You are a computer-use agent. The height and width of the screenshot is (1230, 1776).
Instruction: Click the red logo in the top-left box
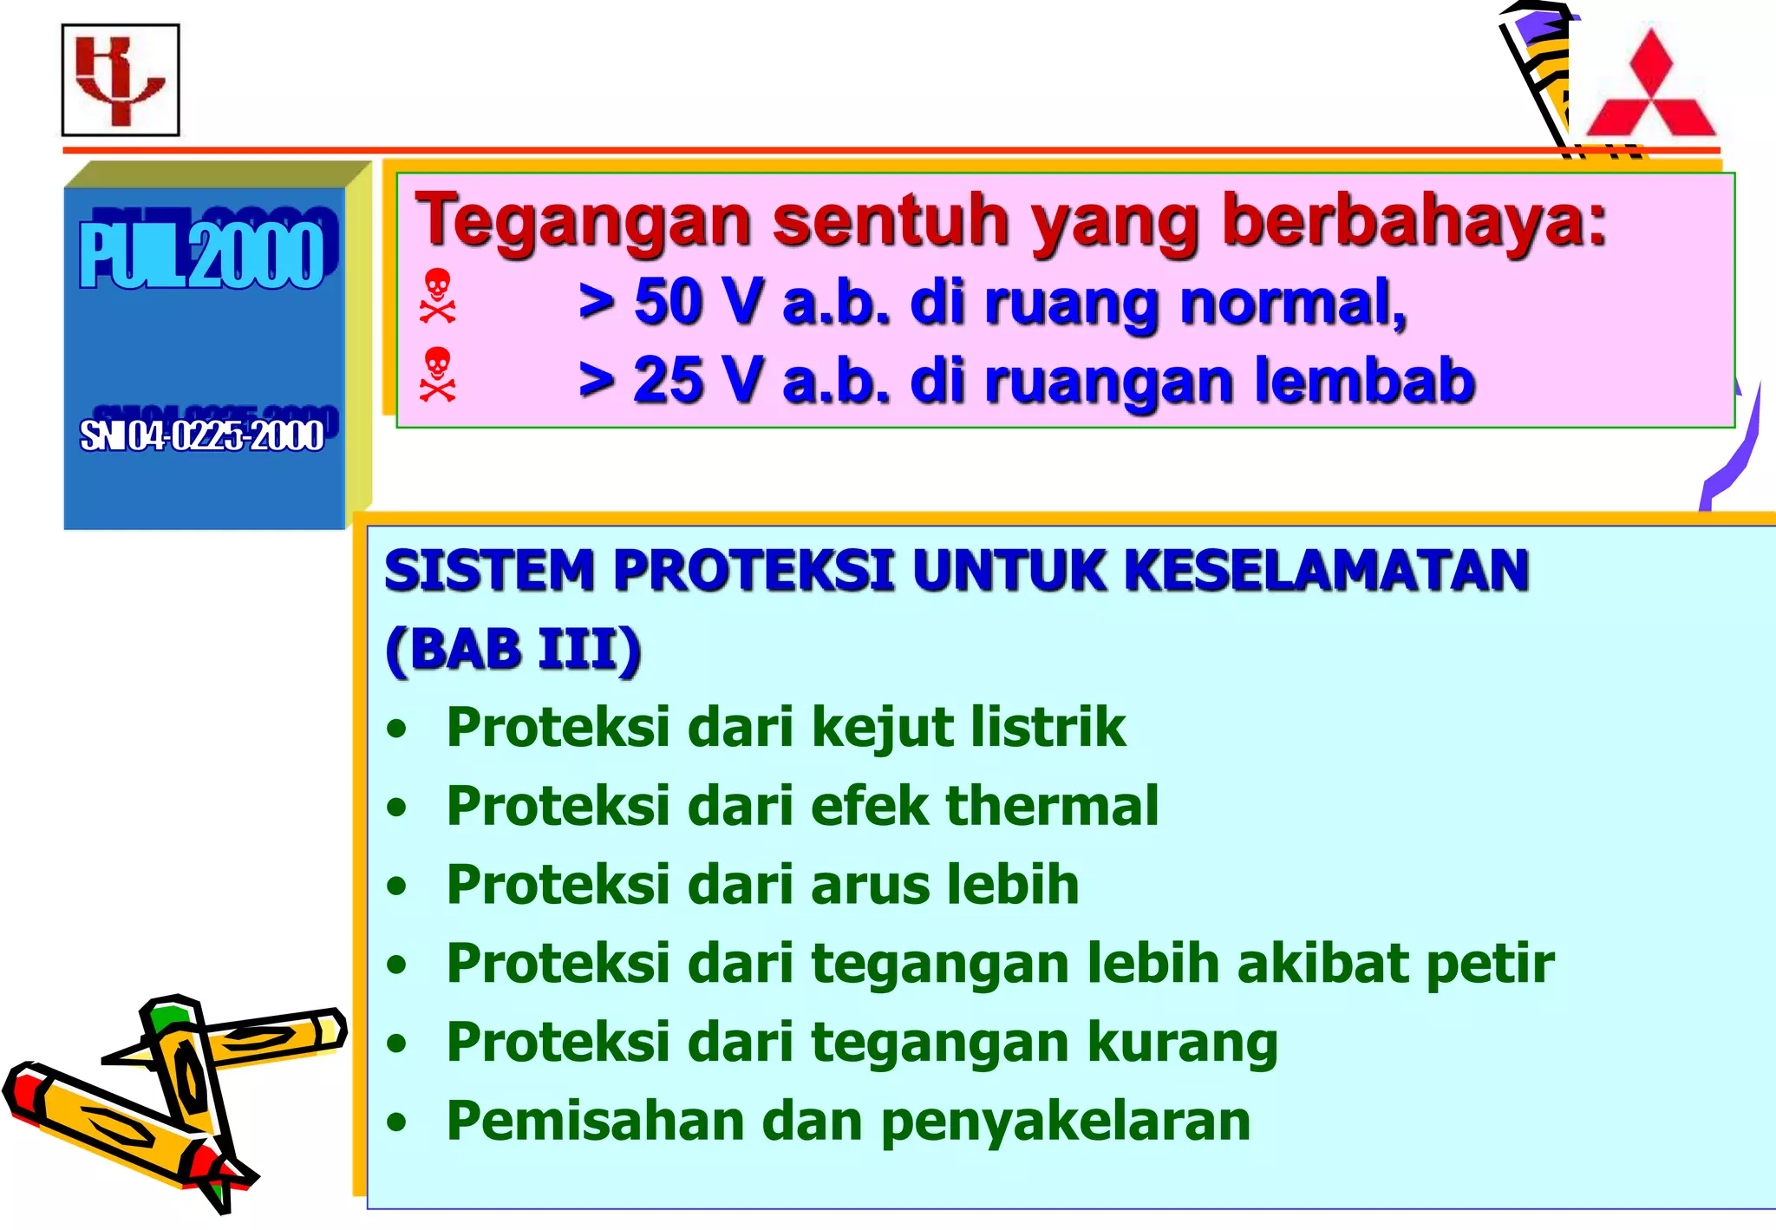tap(120, 80)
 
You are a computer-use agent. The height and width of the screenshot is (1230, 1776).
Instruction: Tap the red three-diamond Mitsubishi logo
tap(1650, 87)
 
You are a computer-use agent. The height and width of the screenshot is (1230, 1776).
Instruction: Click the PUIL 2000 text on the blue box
tap(202, 255)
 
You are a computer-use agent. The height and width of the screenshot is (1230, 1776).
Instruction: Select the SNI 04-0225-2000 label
tap(202, 435)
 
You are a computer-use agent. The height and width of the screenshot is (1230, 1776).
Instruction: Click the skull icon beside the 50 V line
tap(437, 296)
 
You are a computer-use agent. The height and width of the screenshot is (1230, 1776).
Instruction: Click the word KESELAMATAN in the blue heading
tap(1326, 571)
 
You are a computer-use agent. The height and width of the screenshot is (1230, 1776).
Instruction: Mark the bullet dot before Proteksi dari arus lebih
tap(397, 887)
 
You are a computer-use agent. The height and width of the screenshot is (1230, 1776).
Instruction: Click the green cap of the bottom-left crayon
tap(169, 1017)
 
